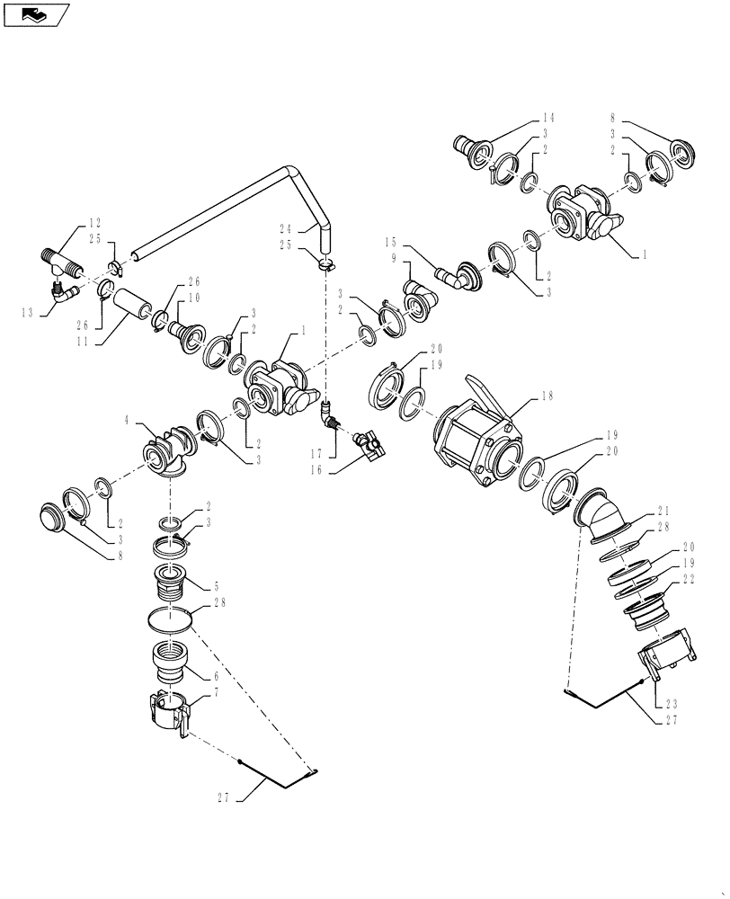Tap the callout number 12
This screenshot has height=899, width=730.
coord(94,222)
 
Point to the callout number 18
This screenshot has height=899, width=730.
coord(547,396)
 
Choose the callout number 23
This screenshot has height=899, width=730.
coord(672,704)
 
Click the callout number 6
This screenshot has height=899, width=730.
coord(215,677)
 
